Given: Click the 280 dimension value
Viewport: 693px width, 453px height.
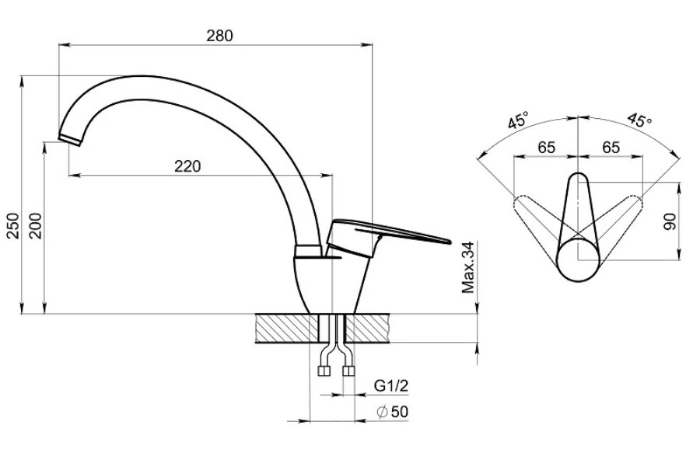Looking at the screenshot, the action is coord(219,36).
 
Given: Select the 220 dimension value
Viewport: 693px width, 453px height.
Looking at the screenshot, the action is coord(187,166).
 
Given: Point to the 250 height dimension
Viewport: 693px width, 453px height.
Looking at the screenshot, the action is coord(14,226).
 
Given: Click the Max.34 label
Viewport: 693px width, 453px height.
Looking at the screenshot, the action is coord(467,267).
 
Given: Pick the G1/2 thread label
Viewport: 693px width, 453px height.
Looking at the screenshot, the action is coord(391,386).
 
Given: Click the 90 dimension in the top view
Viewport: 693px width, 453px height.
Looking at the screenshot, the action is coord(671,221).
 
